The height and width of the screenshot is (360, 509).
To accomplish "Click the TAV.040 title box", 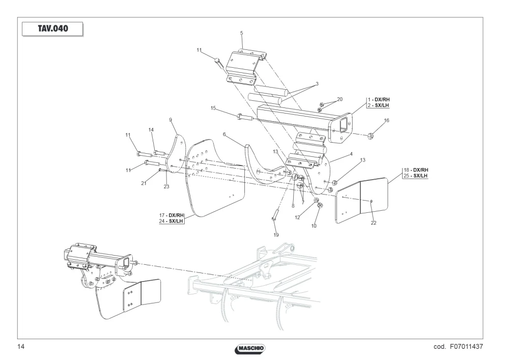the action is click(x=52, y=29).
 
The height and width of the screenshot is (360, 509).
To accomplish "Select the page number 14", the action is click(x=21, y=347).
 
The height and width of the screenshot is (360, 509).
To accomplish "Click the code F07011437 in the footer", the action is click(x=458, y=347).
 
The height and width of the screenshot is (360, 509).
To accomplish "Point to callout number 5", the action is click(x=241, y=33).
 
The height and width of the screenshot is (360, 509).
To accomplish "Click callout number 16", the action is click(x=386, y=121).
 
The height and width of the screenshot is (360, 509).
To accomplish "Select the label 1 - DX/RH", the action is click(x=379, y=100).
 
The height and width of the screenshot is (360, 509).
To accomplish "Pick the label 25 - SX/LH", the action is click(x=415, y=176).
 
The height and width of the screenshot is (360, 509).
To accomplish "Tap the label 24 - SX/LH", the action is click(x=171, y=221).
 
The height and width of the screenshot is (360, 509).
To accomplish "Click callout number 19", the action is click(x=276, y=235).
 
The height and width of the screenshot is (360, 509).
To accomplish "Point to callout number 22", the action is click(x=373, y=223).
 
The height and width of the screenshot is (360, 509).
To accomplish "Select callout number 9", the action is click(x=171, y=120).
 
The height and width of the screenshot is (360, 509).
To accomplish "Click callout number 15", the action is click(x=213, y=108).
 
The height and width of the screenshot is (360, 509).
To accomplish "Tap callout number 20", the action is click(x=340, y=99).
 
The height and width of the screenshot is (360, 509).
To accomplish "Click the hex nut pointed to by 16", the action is click(x=371, y=135).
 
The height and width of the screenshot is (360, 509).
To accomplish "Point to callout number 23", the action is click(x=166, y=187).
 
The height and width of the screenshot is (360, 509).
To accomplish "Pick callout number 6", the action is click(x=224, y=134).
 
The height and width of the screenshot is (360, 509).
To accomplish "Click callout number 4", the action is click(x=351, y=154).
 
